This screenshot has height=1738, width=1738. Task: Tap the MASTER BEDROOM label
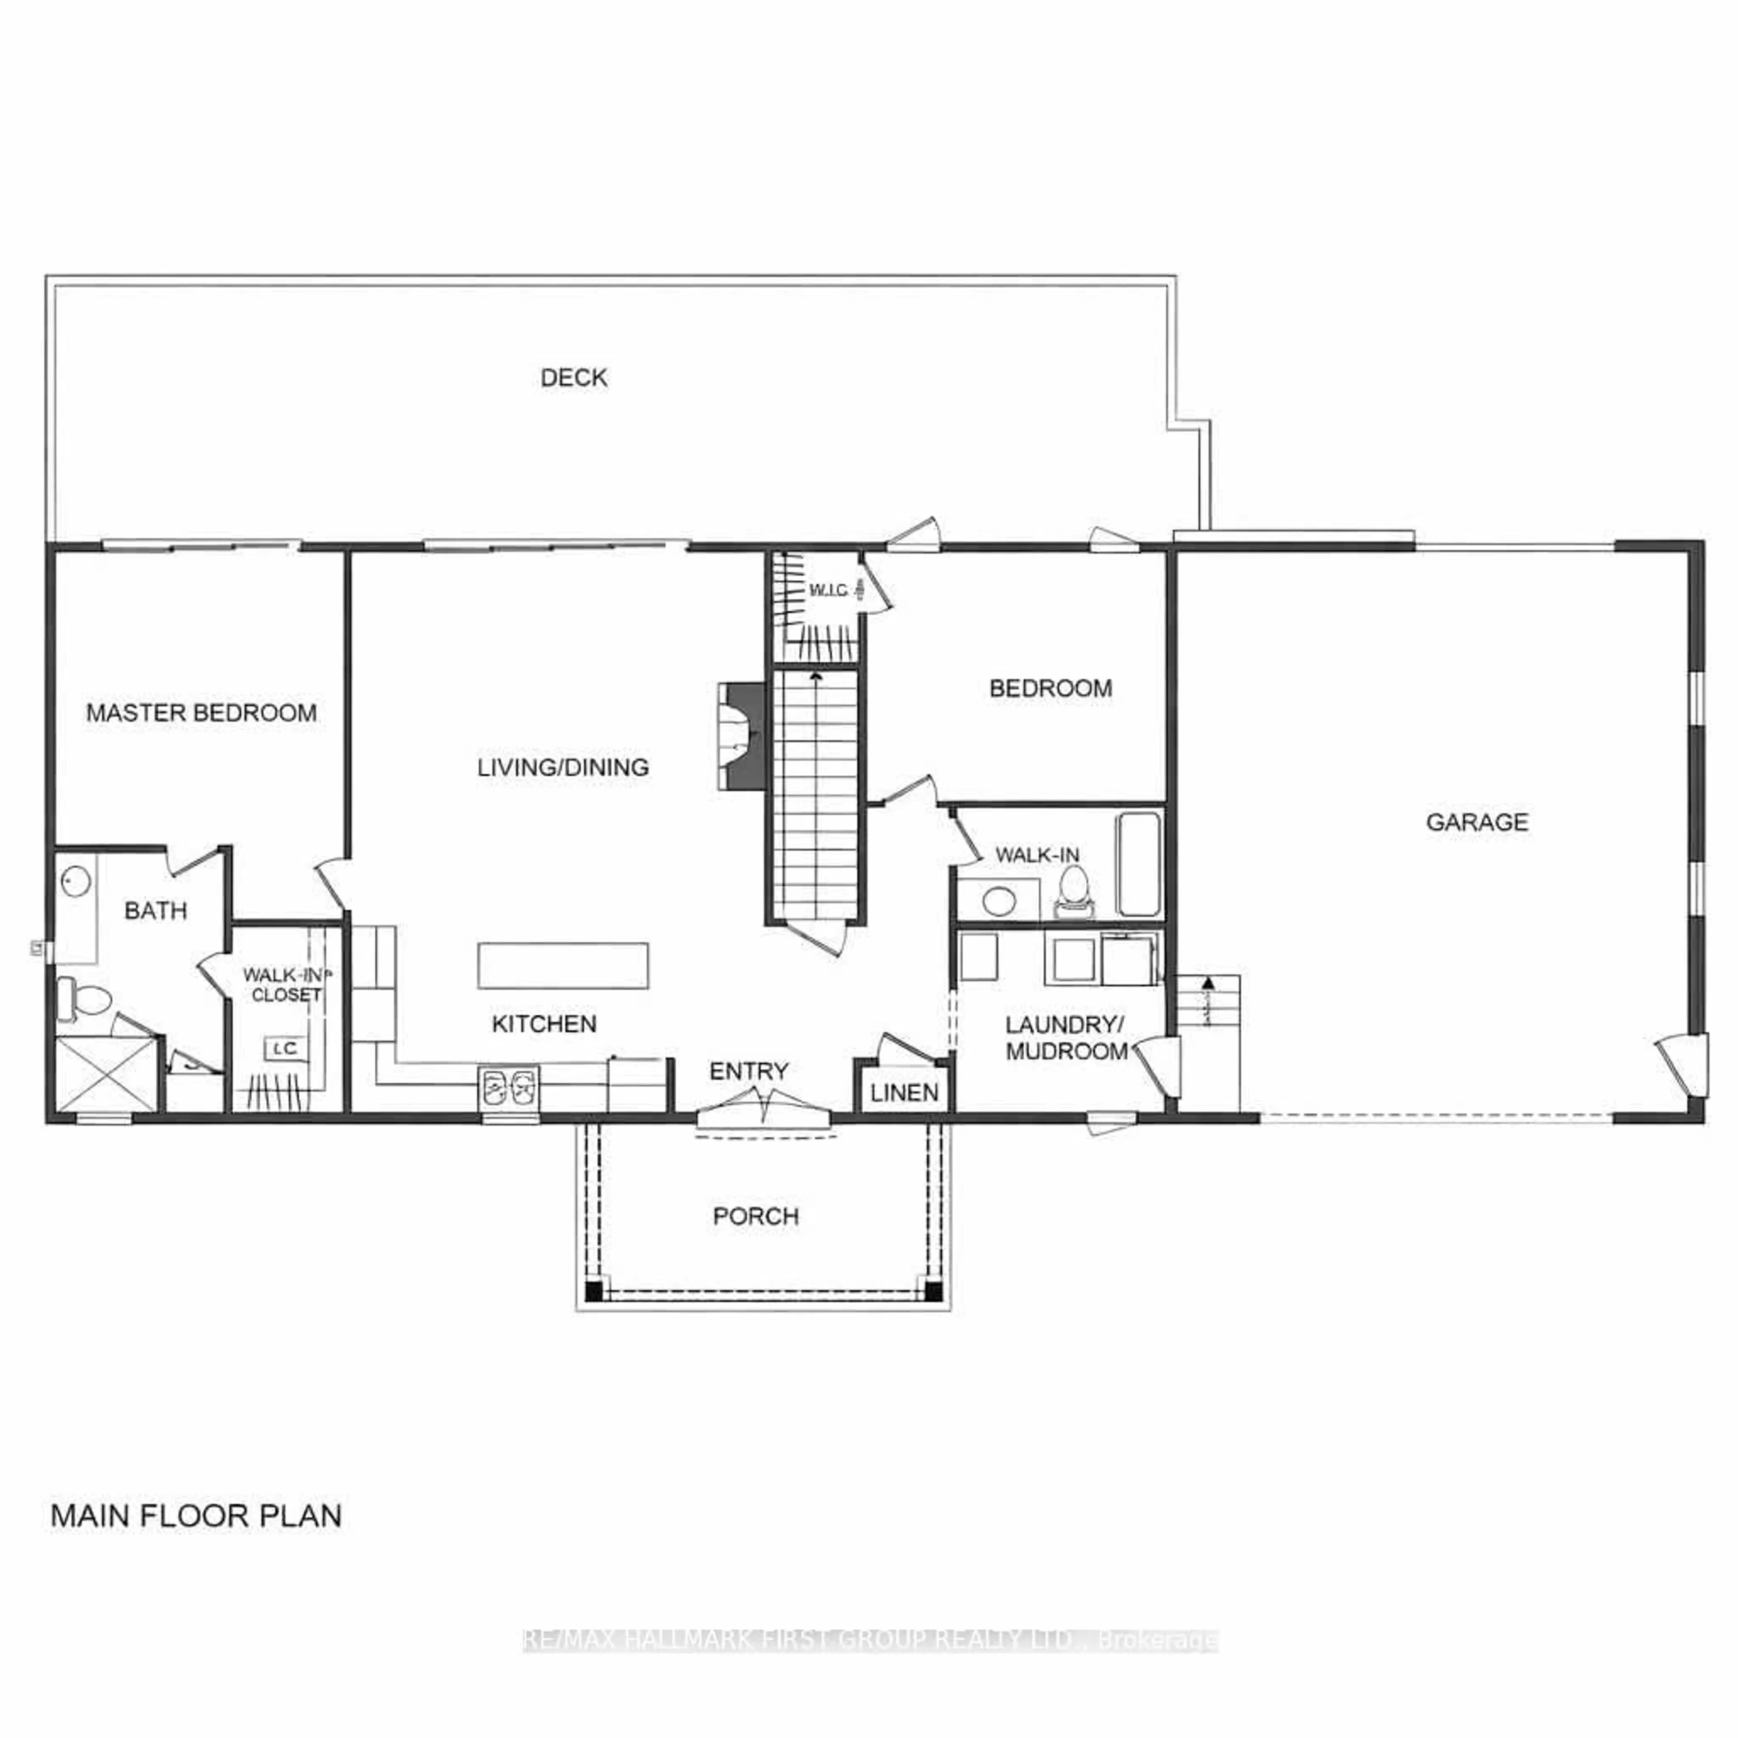(x=201, y=713)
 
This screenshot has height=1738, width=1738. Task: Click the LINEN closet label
(x=904, y=1093)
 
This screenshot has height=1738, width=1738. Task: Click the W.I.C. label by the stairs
(x=828, y=590)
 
